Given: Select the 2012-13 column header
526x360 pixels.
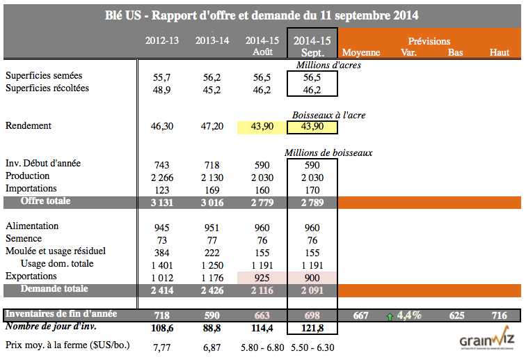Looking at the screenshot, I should [x=162, y=40].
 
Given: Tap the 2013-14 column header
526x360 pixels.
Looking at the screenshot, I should [x=212, y=40].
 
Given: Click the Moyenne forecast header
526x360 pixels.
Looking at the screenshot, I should [x=361, y=52].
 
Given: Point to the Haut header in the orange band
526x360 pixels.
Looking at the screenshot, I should [x=499, y=52].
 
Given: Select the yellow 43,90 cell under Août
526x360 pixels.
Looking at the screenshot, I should [x=262, y=127].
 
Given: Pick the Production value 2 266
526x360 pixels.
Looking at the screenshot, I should [x=162, y=176].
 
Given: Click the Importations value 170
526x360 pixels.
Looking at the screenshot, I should [x=312, y=189].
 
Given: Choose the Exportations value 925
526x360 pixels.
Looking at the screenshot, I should [x=262, y=277].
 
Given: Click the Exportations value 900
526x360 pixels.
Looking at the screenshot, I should [x=312, y=277].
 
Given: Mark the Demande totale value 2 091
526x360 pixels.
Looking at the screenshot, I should [x=312, y=290].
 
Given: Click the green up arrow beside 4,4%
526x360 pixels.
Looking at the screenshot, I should [x=389, y=315].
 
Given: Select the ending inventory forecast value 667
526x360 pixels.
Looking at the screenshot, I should [x=361, y=315].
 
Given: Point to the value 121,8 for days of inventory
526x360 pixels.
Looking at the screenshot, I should [x=312, y=327].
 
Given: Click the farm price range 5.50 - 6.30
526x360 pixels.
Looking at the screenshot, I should [x=312, y=345].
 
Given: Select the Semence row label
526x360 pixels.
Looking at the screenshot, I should [x=24, y=239].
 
